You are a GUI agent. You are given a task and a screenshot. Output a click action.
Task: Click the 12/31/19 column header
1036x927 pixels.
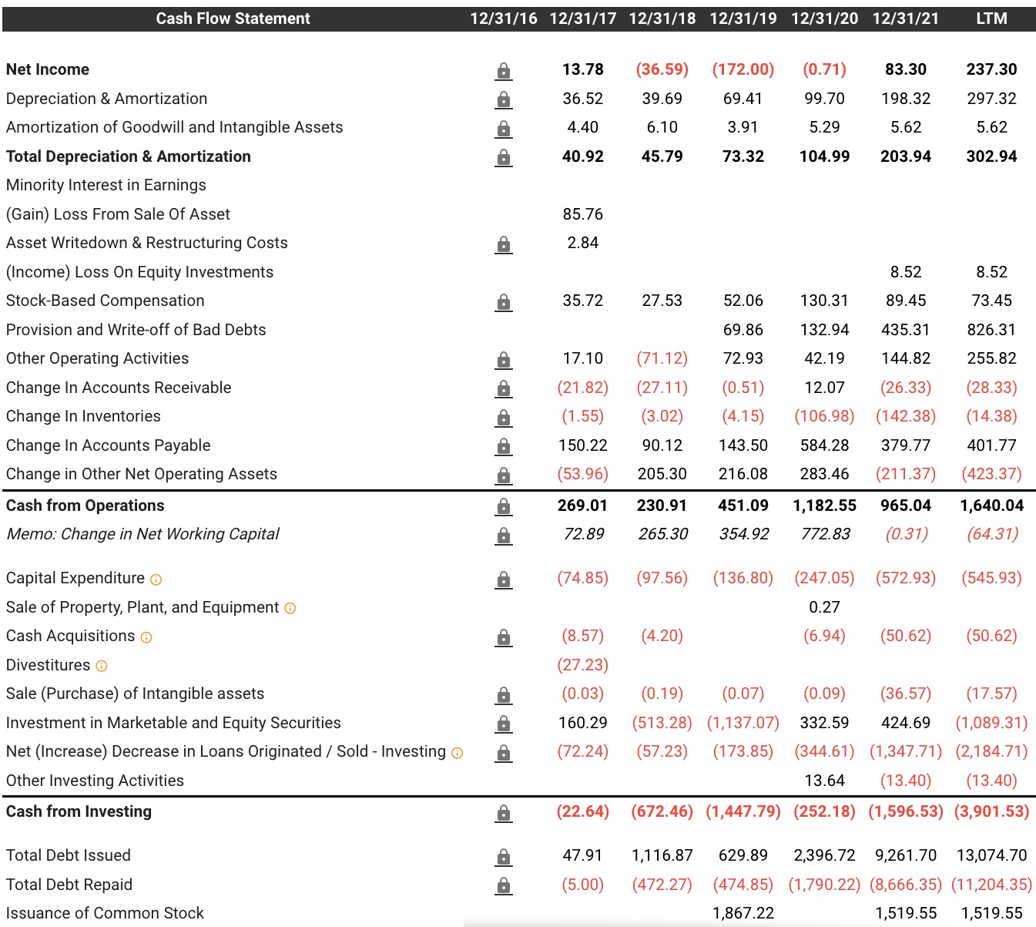tap(743, 18)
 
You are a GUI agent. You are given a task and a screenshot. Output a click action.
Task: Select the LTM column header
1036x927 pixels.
tap(991, 18)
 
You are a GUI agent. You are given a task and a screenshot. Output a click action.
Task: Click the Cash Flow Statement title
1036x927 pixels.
tap(233, 18)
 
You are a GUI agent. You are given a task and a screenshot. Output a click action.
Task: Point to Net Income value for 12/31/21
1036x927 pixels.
tap(905, 69)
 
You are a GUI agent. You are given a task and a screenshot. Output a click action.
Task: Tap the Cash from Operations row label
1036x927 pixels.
tap(85, 505)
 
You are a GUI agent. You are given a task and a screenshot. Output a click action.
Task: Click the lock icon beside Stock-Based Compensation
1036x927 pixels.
tap(503, 301)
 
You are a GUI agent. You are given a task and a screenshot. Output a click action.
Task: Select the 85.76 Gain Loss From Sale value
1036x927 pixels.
tap(582, 214)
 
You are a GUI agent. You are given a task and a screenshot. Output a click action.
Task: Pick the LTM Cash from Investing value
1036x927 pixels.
tap(991, 811)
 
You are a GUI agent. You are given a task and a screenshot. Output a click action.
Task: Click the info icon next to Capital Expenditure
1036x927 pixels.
tap(156, 579)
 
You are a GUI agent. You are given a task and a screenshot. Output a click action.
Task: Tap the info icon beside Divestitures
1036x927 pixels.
tap(102, 666)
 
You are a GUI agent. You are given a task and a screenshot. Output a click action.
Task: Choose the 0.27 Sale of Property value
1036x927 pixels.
tap(824, 607)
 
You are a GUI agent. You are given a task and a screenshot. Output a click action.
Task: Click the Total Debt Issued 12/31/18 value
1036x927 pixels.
tap(662, 855)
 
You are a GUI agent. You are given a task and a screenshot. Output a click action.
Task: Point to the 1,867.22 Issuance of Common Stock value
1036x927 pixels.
tap(743, 913)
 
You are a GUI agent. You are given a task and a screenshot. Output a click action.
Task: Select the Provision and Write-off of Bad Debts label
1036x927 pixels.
tap(136, 330)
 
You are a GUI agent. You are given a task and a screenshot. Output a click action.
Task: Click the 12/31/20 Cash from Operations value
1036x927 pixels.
tap(824, 505)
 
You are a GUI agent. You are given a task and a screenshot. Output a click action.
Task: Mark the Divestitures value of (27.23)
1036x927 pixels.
tap(582, 665)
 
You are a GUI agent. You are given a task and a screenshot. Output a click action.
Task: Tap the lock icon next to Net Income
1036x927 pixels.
tap(503, 71)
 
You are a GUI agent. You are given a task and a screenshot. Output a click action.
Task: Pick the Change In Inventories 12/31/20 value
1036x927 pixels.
tap(824, 416)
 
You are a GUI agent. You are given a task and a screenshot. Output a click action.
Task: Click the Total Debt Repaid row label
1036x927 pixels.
tap(69, 885)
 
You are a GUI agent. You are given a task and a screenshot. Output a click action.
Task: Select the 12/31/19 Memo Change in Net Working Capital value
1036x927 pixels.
tap(743, 534)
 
